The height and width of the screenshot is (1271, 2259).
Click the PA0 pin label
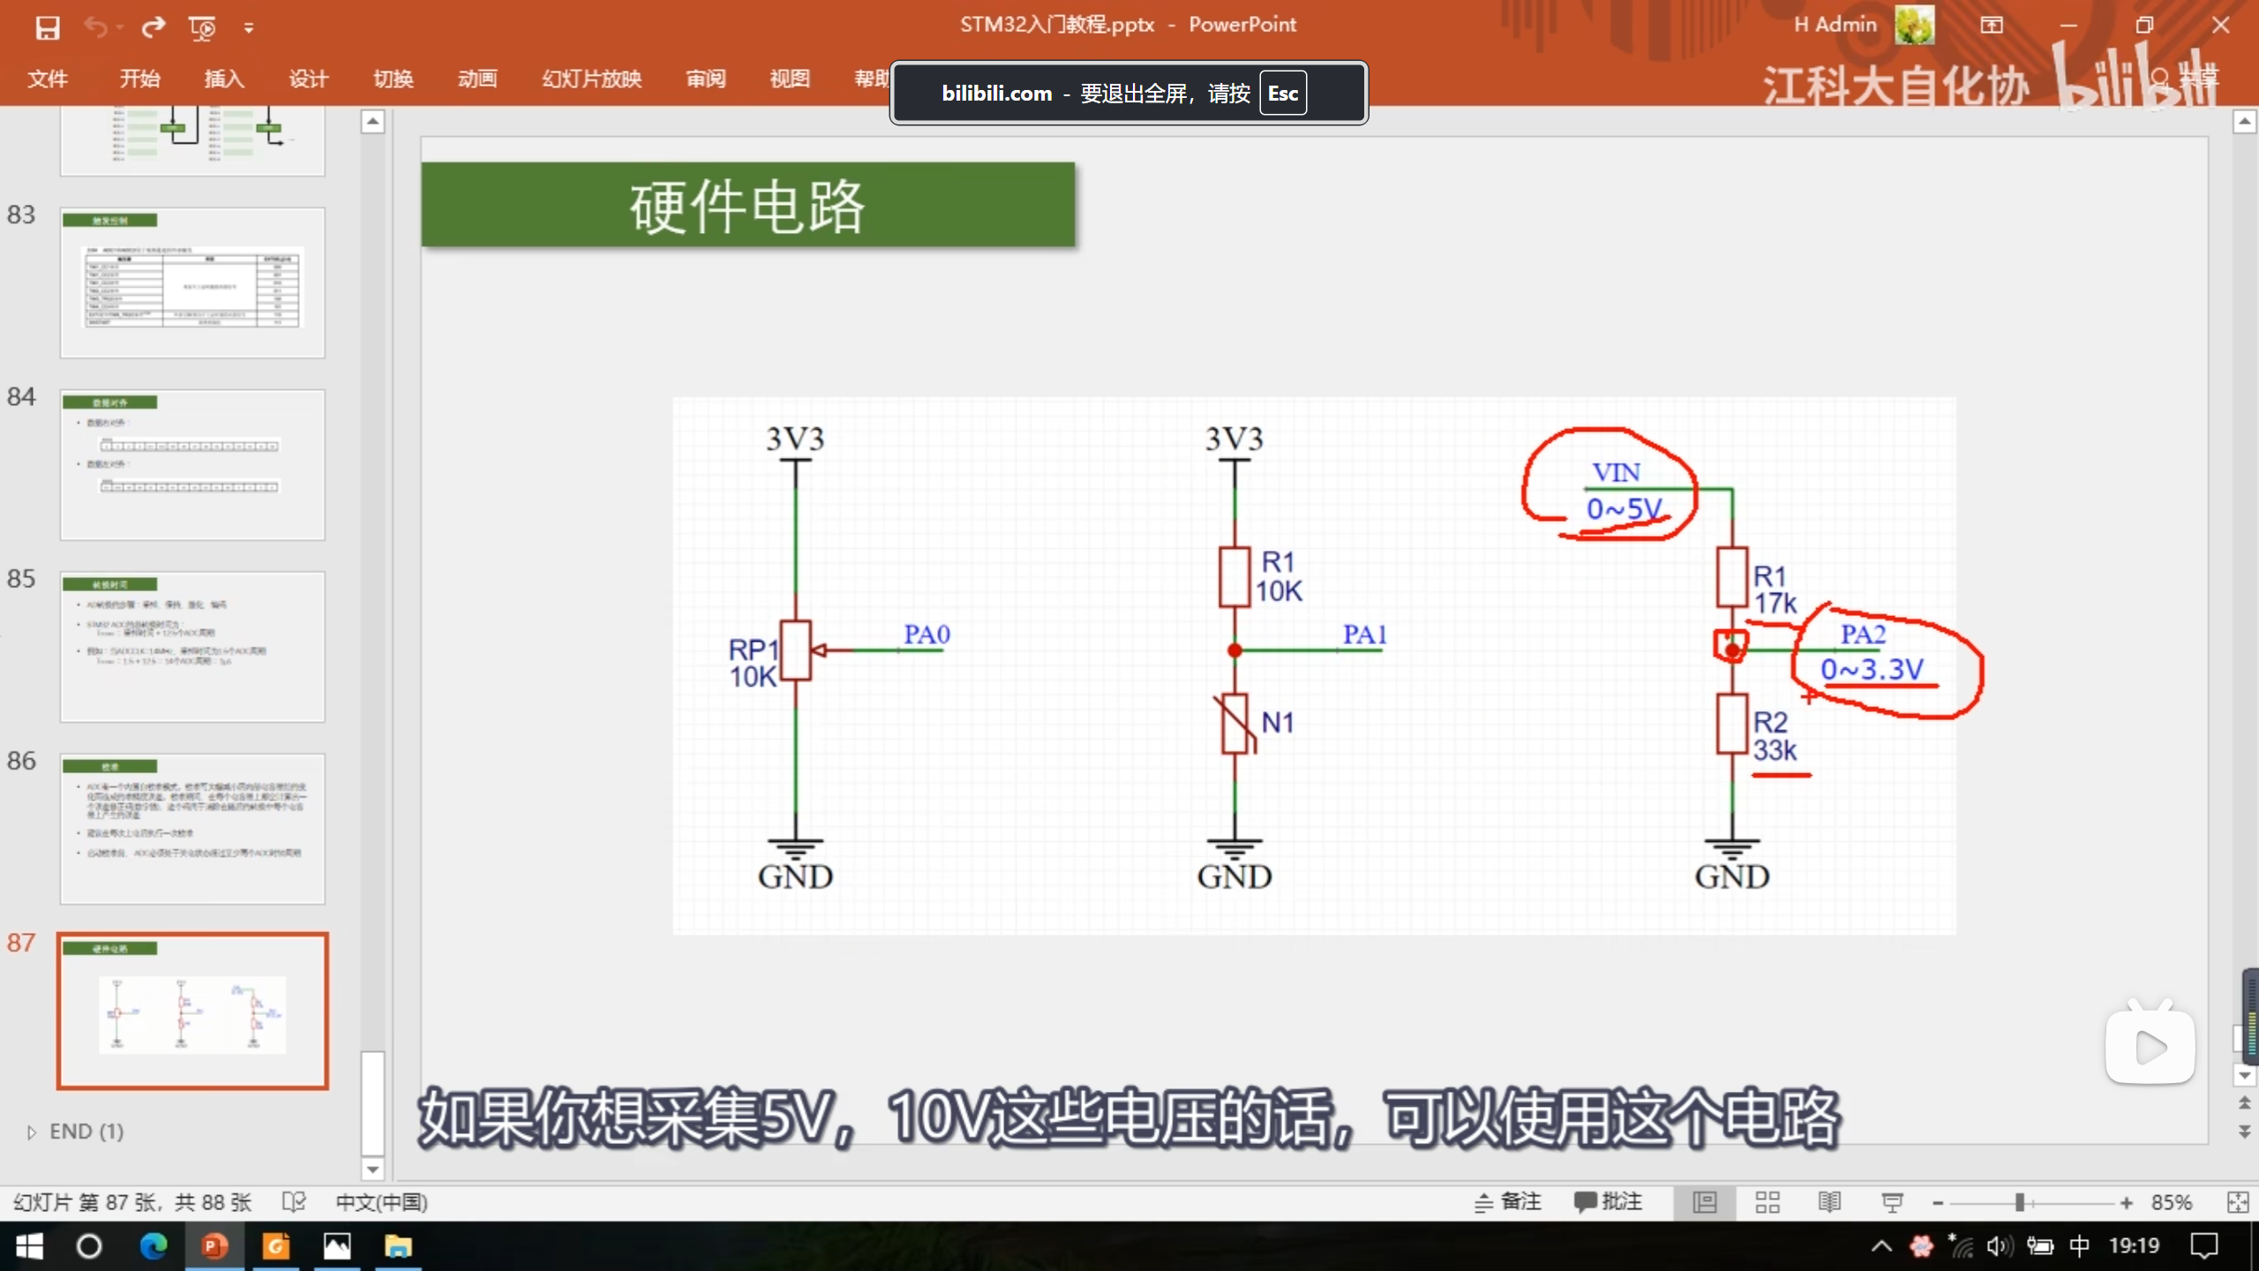[x=927, y=634]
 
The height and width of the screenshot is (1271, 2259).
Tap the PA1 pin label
[x=1364, y=634]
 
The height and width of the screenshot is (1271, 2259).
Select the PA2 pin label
[x=1863, y=634]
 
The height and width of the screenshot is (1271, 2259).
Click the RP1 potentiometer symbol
[x=795, y=651]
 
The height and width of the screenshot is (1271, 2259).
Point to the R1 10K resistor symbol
[x=1235, y=577]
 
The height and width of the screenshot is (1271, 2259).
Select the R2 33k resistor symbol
[x=1731, y=725]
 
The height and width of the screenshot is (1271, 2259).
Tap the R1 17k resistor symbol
[x=1731, y=577]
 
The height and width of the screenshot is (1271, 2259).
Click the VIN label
[x=1617, y=473]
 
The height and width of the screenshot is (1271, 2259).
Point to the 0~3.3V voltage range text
[x=1872, y=670]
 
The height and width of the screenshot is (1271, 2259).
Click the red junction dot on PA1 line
[x=1235, y=651]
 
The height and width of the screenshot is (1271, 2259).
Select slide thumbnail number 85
[x=192, y=646]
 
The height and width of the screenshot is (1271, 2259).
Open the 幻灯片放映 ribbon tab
[x=591, y=79]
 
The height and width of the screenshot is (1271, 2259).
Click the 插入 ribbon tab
[x=224, y=79]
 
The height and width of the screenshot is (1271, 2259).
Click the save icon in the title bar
[x=48, y=27]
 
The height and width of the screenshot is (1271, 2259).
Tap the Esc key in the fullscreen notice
[x=1282, y=94]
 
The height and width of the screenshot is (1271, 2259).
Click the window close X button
[x=2221, y=25]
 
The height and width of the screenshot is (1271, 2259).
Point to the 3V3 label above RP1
[x=795, y=439]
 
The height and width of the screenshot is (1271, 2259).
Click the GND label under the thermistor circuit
[x=1235, y=876]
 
